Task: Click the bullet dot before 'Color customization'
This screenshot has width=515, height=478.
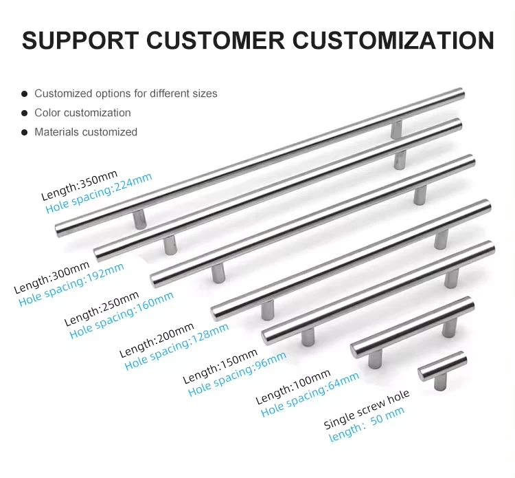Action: pyautogui.click(x=25, y=113)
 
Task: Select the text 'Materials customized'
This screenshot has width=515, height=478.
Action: pyautogui.click(x=86, y=132)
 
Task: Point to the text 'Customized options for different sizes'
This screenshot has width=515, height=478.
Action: pyautogui.click(x=126, y=94)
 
